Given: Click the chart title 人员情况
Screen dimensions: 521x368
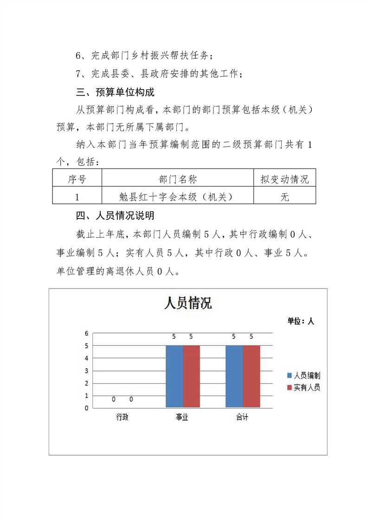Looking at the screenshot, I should pos(188,303).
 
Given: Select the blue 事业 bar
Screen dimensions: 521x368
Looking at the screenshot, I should pos(174,377).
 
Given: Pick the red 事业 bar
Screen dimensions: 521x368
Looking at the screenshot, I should pos(191,377).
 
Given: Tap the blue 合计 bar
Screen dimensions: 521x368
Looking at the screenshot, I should pos(234,377).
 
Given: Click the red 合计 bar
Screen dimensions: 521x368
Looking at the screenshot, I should pos(251,377).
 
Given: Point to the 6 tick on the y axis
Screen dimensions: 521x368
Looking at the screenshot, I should pos(86,333).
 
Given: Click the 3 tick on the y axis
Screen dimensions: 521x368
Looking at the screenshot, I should pos(86,371).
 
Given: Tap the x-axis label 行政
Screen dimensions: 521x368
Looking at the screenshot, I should pos(123,417).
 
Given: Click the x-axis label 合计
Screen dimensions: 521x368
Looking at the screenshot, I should pos(242,417).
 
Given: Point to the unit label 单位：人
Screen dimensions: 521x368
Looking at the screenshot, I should pos(301,321).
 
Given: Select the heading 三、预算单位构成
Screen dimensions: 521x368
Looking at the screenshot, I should pos(115,92).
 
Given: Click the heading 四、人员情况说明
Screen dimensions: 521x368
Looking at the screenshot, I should pos(115,216).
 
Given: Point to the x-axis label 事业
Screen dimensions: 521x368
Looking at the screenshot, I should pos(182,417).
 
